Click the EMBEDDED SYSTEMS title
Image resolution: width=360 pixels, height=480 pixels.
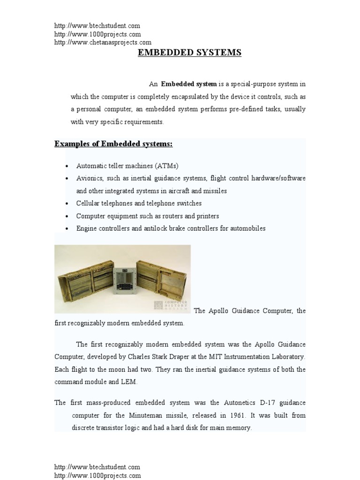(x=189, y=52)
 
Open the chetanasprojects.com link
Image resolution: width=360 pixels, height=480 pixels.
(x=103, y=43)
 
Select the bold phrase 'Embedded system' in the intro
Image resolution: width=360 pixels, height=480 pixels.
(x=189, y=84)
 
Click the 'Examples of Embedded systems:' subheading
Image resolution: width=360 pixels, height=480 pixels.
(x=113, y=143)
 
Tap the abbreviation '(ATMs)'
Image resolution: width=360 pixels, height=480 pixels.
(x=167, y=166)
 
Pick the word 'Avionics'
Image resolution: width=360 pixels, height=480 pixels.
(x=89, y=179)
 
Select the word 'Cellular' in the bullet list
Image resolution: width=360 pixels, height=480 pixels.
(x=88, y=203)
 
